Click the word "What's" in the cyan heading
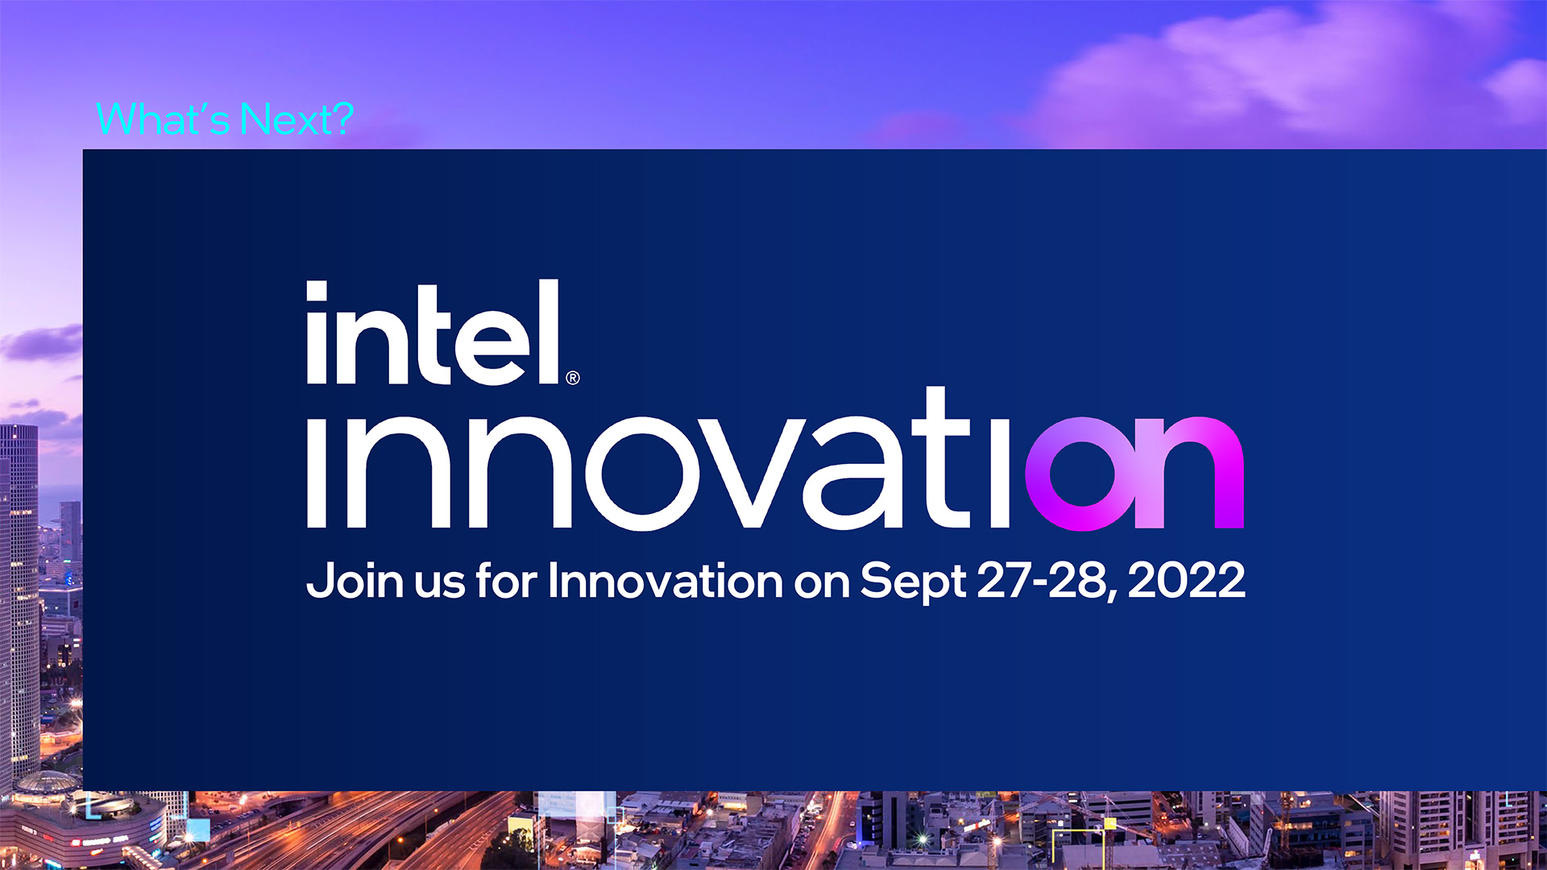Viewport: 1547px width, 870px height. (163, 119)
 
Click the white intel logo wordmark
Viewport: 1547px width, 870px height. (433, 331)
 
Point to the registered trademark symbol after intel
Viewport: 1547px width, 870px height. (573, 378)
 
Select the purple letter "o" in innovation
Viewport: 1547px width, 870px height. (1085, 474)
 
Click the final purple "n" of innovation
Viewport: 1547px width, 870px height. (1190, 473)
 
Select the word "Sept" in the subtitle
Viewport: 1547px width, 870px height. (913, 582)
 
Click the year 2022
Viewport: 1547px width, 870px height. (1187, 580)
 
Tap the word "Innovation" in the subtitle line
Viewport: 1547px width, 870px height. (666, 580)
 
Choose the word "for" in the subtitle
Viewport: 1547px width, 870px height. (507, 580)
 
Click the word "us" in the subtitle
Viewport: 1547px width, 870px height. (440, 584)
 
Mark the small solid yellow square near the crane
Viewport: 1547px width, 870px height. (1109, 823)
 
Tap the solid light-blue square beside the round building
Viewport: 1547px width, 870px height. (198, 829)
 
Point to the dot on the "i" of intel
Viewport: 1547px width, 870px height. (317, 290)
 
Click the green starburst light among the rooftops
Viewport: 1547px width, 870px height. (923, 840)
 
